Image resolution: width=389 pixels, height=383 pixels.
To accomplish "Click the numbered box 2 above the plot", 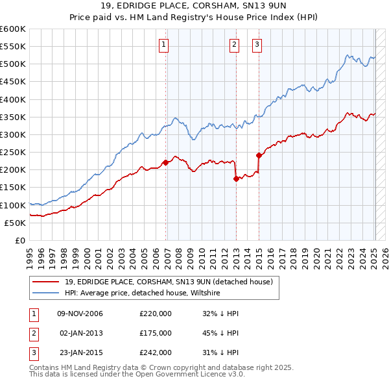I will coord(234,45).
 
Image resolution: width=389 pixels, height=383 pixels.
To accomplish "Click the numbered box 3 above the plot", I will coord(257,45).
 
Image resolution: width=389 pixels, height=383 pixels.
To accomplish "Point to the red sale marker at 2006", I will coord(165,162).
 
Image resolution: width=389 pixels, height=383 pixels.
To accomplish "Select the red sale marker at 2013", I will coord(236,179).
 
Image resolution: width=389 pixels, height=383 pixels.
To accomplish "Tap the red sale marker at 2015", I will coord(259,155).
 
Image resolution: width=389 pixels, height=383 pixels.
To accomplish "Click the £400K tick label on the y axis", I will coord(14,99).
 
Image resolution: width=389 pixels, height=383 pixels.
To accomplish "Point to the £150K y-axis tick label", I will coord(14,188).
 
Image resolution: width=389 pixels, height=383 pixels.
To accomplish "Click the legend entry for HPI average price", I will coord(142,293).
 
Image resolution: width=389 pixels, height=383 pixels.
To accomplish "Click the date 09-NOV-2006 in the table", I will coord(80,314).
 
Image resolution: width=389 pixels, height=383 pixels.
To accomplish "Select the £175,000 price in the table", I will coord(156,332).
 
